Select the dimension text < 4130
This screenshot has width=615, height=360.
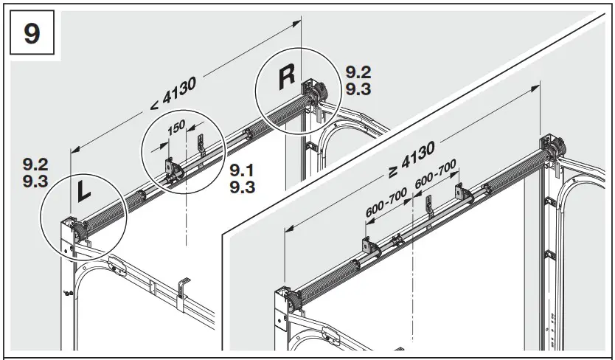[x=173, y=94]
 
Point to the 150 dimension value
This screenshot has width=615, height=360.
[x=176, y=127]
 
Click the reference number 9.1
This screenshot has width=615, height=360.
[x=243, y=171]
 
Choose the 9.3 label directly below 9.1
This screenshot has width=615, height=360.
[x=243, y=187]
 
